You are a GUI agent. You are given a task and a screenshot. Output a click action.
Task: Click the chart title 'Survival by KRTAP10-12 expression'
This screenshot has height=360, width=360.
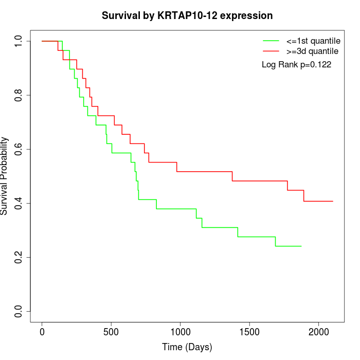point(187,15)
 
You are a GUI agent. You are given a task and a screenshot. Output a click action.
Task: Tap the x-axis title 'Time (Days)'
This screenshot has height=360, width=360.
point(187,347)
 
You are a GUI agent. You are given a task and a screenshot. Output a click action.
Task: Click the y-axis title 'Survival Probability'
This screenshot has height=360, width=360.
point(5,176)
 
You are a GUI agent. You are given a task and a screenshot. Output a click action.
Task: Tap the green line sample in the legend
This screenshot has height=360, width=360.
point(271,41)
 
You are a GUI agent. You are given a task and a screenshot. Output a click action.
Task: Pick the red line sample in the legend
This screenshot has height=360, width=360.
point(271,51)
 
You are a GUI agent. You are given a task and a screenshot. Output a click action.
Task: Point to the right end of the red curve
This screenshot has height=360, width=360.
point(333,201)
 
